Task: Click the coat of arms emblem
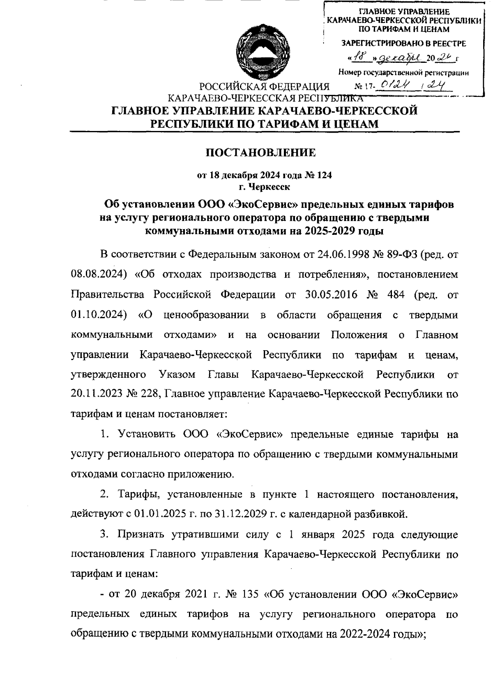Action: [x=262, y=52]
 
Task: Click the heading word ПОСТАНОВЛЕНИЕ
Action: [x=260, y=153]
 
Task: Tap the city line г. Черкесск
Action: [x=264, y=187]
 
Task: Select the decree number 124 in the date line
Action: [x=323, y=175]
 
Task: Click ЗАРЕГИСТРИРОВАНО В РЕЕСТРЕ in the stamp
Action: [x=404, y=43]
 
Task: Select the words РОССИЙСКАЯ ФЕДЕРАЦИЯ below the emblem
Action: [x=264, y=87]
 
